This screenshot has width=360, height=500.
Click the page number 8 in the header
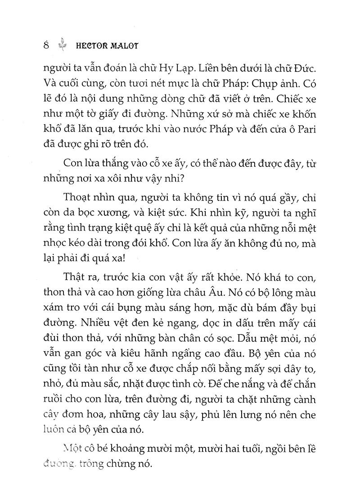pos(46,45)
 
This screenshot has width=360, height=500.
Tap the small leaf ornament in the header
pos(63,45)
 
